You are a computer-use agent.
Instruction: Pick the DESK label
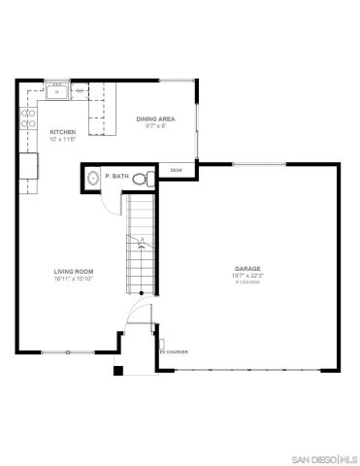coord(177,170)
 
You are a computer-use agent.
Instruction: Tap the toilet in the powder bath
coord(141,178)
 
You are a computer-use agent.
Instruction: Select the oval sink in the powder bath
coord(91,178)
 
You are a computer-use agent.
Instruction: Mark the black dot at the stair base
coord(142,292)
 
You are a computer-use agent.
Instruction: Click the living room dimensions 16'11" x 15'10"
coord(72,280)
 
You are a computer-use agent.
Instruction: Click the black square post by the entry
coord(118,369)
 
